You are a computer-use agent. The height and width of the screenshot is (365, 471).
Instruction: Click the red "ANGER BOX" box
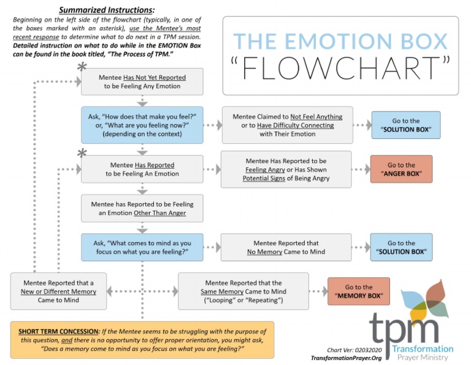point(401,170)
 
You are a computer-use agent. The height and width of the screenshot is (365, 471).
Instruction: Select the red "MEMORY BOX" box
point(358,292)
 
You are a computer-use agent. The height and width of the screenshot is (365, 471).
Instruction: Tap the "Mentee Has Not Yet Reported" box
point(142,81)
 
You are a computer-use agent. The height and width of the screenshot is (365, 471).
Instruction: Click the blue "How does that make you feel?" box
point(142,125)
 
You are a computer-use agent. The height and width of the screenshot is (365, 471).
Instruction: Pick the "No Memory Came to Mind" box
point(286,247)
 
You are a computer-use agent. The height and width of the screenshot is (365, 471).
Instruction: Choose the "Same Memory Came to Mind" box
point(243,292)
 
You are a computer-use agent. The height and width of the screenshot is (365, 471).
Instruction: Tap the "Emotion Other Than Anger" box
point(142,208)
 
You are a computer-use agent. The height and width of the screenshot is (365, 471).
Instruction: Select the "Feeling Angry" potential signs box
point(286,169)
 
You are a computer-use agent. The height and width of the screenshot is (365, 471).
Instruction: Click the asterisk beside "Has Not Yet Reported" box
point(80,67)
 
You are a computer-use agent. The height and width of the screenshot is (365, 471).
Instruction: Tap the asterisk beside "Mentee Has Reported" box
point(80,153)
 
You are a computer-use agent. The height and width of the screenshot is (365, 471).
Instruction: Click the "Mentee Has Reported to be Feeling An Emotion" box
point(142,169)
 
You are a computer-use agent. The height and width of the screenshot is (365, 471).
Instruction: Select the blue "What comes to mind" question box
point(142,247)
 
